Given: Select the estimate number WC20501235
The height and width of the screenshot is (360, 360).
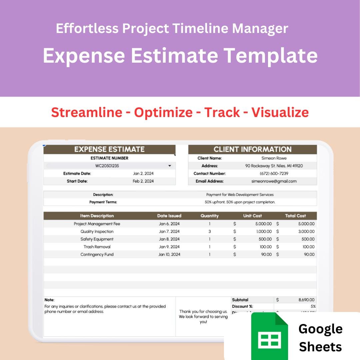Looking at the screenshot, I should [x=107, y=166].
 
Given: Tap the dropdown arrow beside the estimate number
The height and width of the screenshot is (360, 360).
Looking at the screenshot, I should [x=170, y=166].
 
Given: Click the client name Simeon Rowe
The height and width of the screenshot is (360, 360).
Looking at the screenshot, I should [x=274, y=158].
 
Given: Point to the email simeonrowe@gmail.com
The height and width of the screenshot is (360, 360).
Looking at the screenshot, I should [x=274, y=181].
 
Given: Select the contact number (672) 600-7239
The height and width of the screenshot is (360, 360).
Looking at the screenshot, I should [x=274, y=174].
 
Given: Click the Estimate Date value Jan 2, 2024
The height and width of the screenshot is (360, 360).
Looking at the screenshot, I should [x=143, y=174].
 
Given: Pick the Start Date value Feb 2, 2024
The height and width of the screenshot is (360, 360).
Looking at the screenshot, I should [x=143, y=181].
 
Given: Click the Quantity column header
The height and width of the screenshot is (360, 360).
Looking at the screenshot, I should [x=209, y=216].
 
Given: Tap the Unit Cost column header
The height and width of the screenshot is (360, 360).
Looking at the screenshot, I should [x=252, y=216].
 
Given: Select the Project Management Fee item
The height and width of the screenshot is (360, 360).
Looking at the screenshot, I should [x=97, y=224].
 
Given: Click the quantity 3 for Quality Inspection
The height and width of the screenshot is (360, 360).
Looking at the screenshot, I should [x=209, y=232].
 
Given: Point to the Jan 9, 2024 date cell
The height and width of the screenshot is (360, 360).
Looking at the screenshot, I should [x=169, y=247].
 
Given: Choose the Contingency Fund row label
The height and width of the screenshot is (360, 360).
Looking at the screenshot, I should [x=97, y=255].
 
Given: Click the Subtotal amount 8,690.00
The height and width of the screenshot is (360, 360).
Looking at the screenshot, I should [x=306, y=300].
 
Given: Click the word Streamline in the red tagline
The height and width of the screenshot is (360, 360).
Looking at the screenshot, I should [x=87, y=112].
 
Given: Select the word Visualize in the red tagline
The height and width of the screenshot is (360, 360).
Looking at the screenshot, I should [x=280, y=112].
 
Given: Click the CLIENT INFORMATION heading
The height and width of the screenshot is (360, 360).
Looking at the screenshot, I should [x=252, y=149].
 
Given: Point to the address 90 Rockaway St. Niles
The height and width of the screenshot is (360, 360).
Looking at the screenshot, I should [x=274, y=166].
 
